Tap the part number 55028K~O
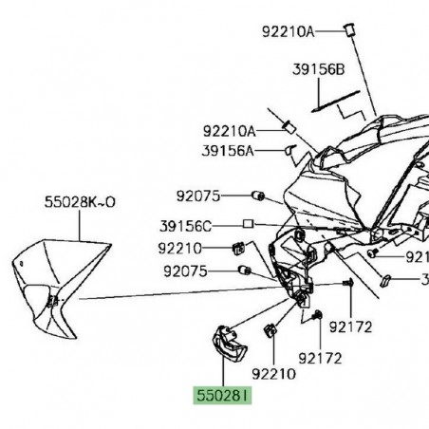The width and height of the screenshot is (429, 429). tap(79, 202)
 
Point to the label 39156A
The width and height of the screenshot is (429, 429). tap(229, 150)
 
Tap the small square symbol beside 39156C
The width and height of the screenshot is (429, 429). tap(247, 225)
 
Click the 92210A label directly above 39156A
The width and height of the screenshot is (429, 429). tap(229, 131)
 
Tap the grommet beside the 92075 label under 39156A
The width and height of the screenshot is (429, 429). tap(254, 196)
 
